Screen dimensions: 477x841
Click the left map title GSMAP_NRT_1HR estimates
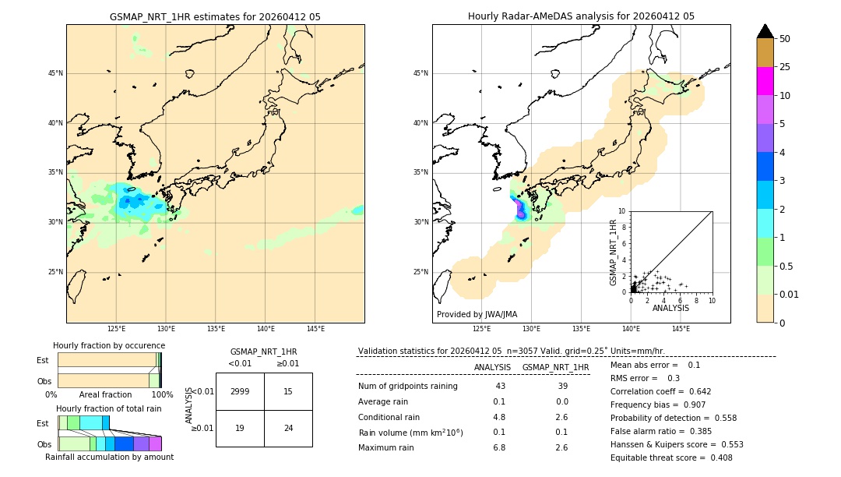click(215, 16)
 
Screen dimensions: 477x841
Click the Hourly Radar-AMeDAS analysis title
click(581, 16)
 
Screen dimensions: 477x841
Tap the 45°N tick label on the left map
click(55, 73)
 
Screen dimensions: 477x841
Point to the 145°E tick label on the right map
click(681, 329)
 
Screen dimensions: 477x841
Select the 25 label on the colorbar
click(785, 67)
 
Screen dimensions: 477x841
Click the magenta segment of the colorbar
click(765, 81)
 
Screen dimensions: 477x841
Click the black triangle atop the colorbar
click(765, 31)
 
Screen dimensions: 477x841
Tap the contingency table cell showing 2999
click(240, 391)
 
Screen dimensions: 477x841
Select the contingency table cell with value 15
click(288, 391)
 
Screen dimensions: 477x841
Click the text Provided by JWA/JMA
click(477, 315)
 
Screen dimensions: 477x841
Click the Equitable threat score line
click(671, 458)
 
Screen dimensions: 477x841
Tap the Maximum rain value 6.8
click(499, 447)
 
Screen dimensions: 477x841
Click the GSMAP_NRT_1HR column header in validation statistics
click(555, 367)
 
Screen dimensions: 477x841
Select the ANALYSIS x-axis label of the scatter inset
click(670, 308)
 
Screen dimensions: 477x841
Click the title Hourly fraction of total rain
click(109, 408)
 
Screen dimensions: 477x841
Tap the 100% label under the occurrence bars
click(162, 394)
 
